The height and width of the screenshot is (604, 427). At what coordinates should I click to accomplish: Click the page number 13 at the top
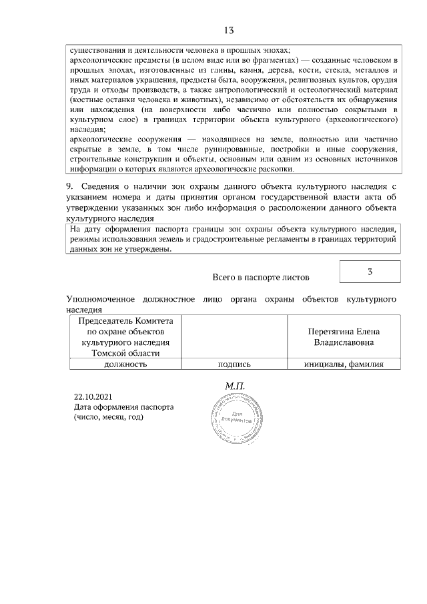228,30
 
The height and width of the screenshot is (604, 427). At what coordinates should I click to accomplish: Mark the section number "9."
70,186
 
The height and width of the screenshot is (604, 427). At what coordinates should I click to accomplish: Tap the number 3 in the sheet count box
370,272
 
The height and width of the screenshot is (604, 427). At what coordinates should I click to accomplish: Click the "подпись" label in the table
234,364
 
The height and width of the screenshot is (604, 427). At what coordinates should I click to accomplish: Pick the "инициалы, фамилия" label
343,364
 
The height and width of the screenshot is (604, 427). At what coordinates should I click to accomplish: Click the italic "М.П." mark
236,386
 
